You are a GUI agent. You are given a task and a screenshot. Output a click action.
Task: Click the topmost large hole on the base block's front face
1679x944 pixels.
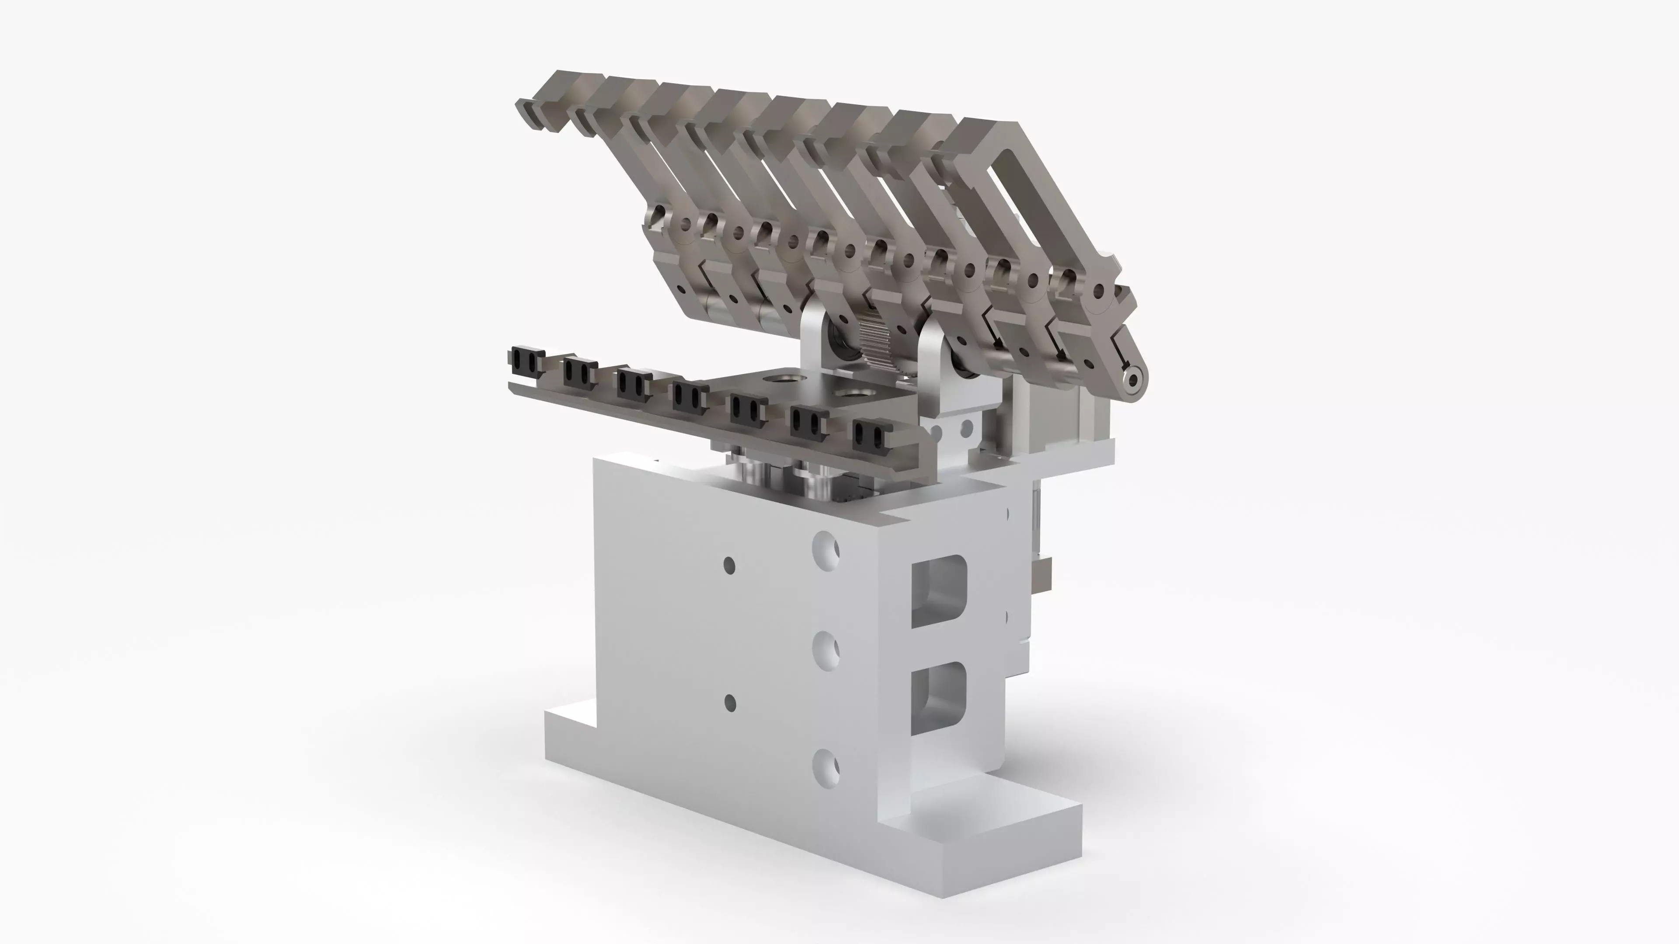[826, 551]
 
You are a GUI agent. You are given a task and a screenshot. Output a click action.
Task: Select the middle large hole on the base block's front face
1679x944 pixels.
[826, 651]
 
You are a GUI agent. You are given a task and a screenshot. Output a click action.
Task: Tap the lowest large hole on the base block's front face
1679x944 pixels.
[826, 768]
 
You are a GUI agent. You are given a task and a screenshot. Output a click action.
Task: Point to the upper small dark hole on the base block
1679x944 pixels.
[729, 565]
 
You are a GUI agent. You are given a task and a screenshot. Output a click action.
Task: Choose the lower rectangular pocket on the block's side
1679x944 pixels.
[939, 698]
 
